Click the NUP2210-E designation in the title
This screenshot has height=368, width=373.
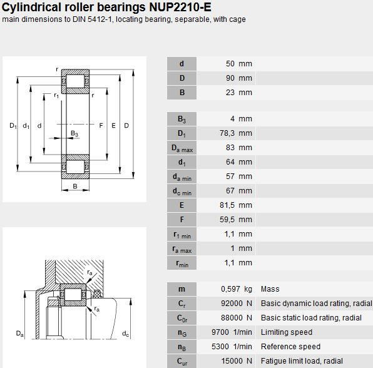click(x=180, y=7)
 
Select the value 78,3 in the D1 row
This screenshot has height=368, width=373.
click(x=227, y=133)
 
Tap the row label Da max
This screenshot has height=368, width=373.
click(x=182, y=148)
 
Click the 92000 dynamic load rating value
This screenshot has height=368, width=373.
click(x=232, y=304)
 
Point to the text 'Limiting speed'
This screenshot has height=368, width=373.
click(x=287, y=332)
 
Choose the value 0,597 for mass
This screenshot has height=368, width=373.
click(x=230, y=289)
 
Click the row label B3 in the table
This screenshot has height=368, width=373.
click(x=182, y=119)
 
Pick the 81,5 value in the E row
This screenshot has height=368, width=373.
click(x=227, y=205)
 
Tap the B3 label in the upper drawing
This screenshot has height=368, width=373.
click(x=74, y=134)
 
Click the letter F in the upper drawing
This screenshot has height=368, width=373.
click(x=101, y=125)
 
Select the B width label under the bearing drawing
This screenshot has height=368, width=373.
click(x=75, y=187)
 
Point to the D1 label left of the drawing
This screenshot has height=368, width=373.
click(x=13, y=126)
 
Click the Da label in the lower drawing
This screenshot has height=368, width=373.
click(x=20, y=334)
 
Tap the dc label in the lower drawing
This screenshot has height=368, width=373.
click(x=125, y=334)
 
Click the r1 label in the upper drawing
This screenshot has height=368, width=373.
click(x=56, y=96)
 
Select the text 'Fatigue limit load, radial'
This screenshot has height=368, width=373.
click(x=302, y=361)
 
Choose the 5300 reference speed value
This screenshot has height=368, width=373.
click(x=220, y=347)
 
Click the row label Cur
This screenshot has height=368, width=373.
click(x=182, y=362)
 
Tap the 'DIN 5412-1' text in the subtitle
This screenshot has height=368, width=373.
click(x=93, y=19)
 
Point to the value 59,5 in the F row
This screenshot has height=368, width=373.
click(x=227, y=220)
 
